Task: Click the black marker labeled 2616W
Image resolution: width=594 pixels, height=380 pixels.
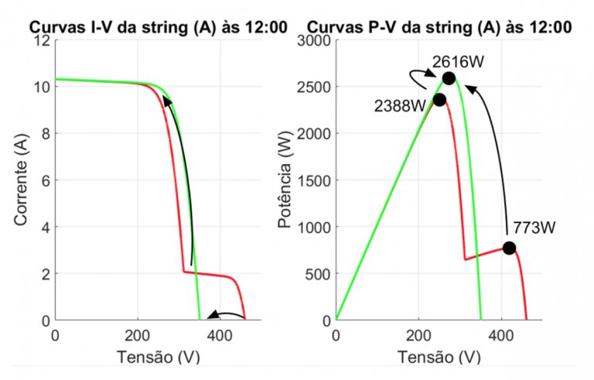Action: point(449,78)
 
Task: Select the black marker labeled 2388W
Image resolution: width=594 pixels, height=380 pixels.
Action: point(439,100)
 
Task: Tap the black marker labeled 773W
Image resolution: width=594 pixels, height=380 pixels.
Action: point(509,248)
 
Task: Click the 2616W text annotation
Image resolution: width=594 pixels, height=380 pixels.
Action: point(452,60)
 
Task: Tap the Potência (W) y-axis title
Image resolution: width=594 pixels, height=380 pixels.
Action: point(285,180)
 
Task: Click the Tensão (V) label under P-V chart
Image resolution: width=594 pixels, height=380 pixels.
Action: point(438,357)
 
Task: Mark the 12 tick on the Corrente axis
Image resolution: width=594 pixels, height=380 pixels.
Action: point(41,39)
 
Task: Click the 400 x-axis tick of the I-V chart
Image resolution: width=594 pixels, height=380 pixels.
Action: point(220,336)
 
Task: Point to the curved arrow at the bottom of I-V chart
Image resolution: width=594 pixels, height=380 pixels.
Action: point(226,314)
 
